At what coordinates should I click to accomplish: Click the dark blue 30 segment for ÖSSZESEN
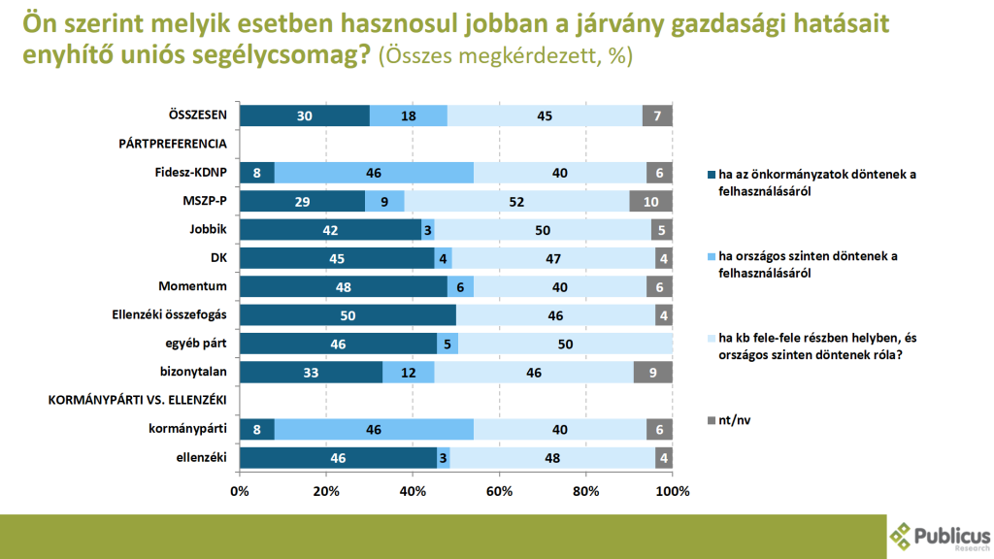point(304,115)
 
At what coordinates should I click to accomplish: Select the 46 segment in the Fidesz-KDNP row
point(374,173)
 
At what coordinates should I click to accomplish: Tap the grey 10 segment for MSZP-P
point(650,201)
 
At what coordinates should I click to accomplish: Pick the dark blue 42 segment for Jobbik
point(330,230)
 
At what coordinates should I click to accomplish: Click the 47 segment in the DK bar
point(553,258)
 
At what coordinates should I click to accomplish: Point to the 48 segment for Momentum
point(343,286)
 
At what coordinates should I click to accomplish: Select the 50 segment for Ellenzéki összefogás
point(347,315)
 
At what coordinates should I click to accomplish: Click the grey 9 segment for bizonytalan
point(653,373)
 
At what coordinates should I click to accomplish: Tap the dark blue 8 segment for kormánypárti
point(256,430)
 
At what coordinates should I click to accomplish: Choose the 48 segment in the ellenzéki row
point(552,458)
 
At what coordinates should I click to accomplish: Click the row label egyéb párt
point(194,344)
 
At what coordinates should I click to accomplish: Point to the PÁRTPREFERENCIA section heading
point(173,144)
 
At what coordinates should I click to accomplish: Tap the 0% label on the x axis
point(240,491)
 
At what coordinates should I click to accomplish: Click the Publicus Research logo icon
point(902,534)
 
